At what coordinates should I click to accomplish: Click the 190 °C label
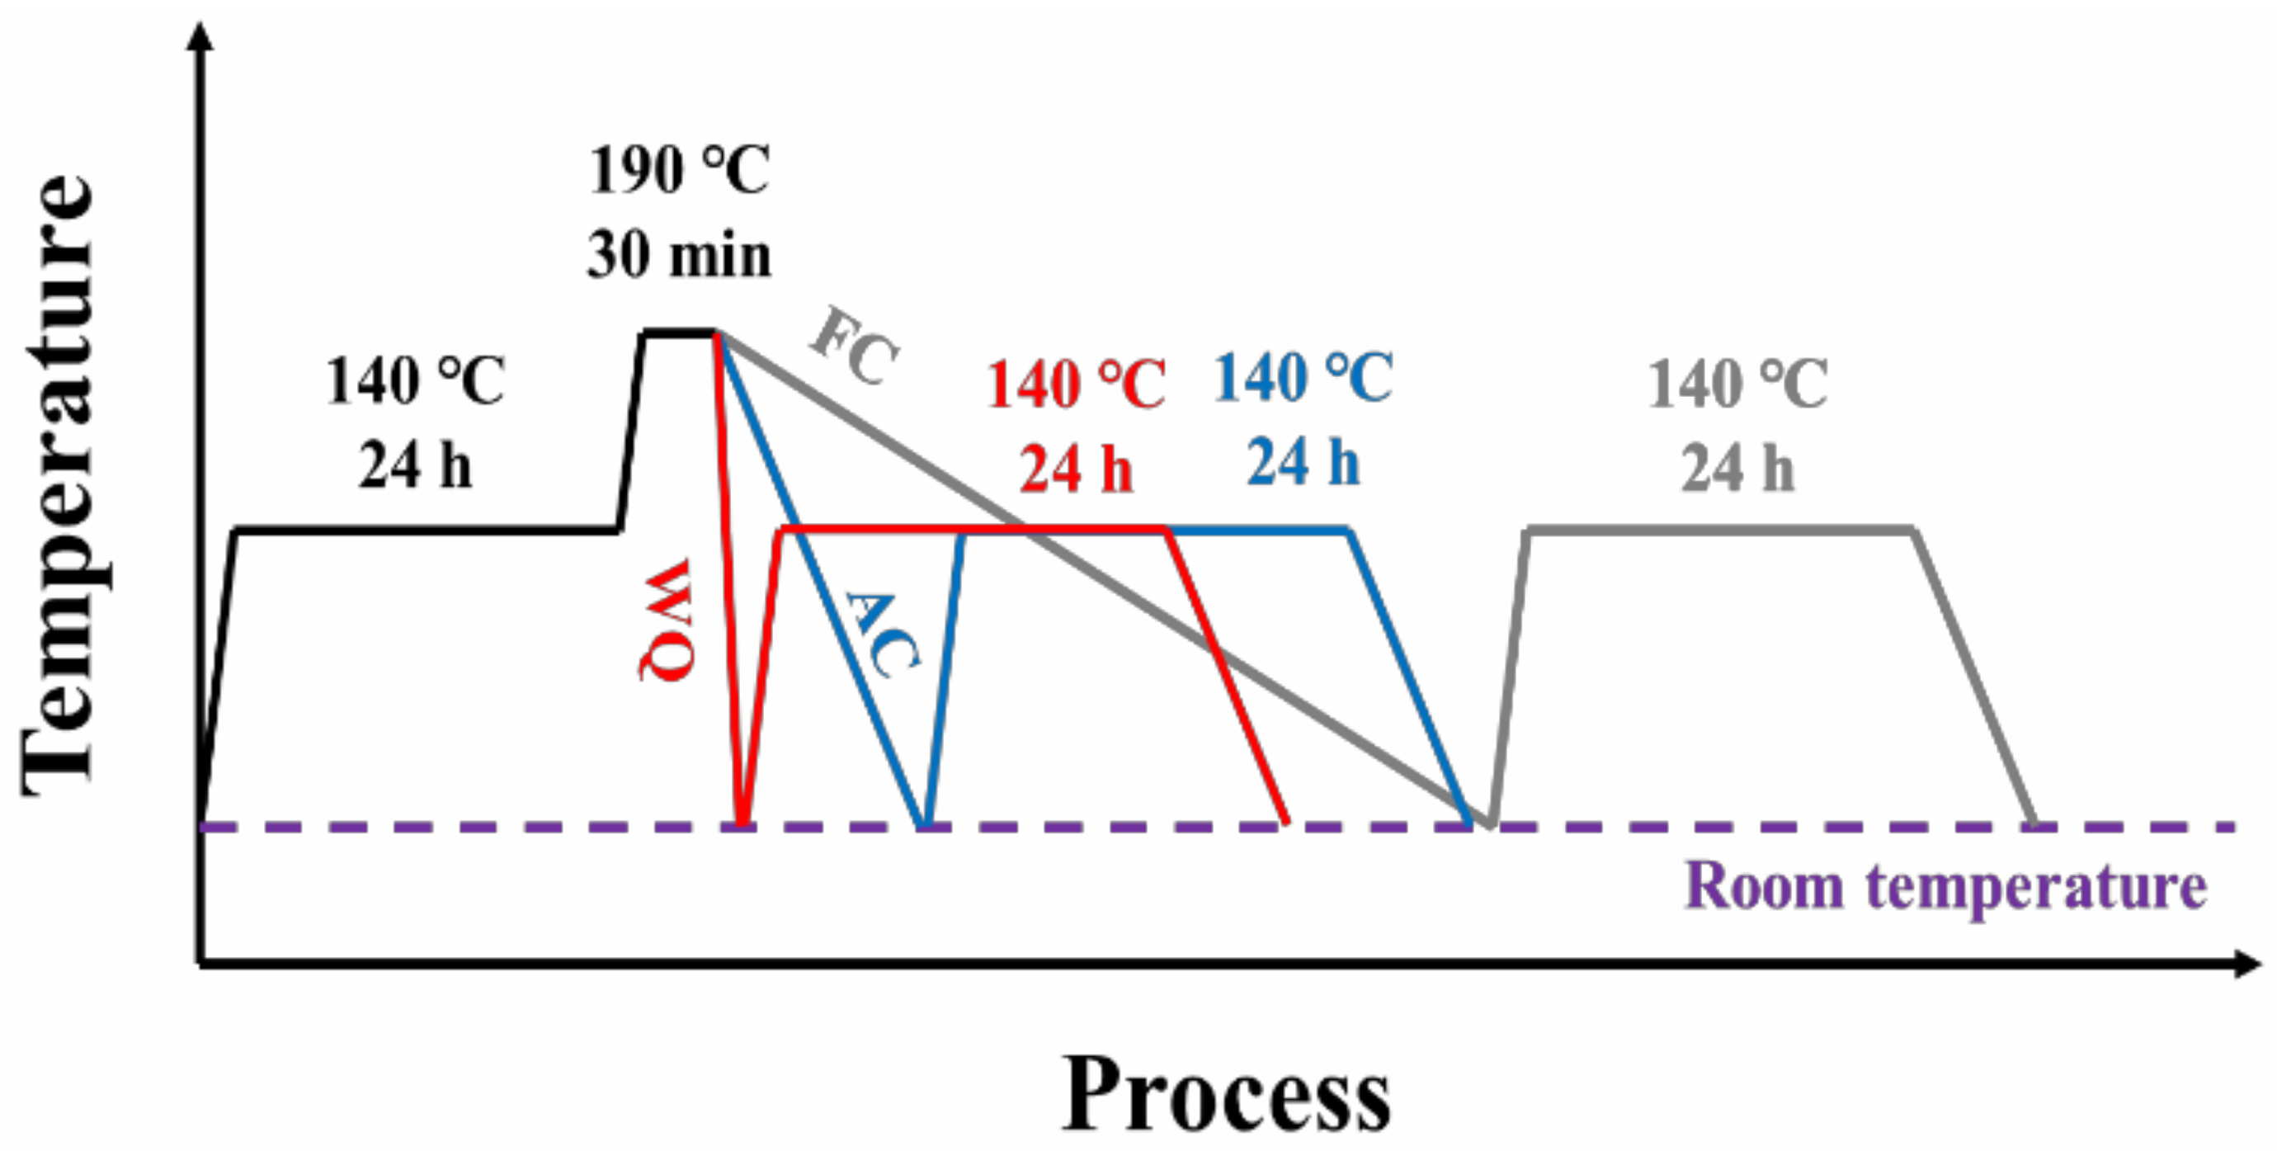click(x=679, y=170)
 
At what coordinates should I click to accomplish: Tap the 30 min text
click(x=679, y=256)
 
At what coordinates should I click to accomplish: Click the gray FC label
click(x=854, y=345)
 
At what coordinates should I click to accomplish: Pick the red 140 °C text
click(x=1076, y=384)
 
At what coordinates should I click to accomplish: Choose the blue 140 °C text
click(x=1303, y=379)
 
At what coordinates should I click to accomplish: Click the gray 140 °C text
click(x=1737, y=384)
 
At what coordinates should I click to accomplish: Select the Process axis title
click(x=1226, y=1093)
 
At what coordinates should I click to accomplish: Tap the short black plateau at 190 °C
click(x=679, y=333)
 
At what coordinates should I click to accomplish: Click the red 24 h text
click(x=1076, y=469)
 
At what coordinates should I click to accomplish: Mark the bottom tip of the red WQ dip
click(x=742, y=822)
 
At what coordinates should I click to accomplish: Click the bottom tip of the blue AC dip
click(x=925, y=822)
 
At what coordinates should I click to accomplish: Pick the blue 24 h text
click(x=1303, y=462)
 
